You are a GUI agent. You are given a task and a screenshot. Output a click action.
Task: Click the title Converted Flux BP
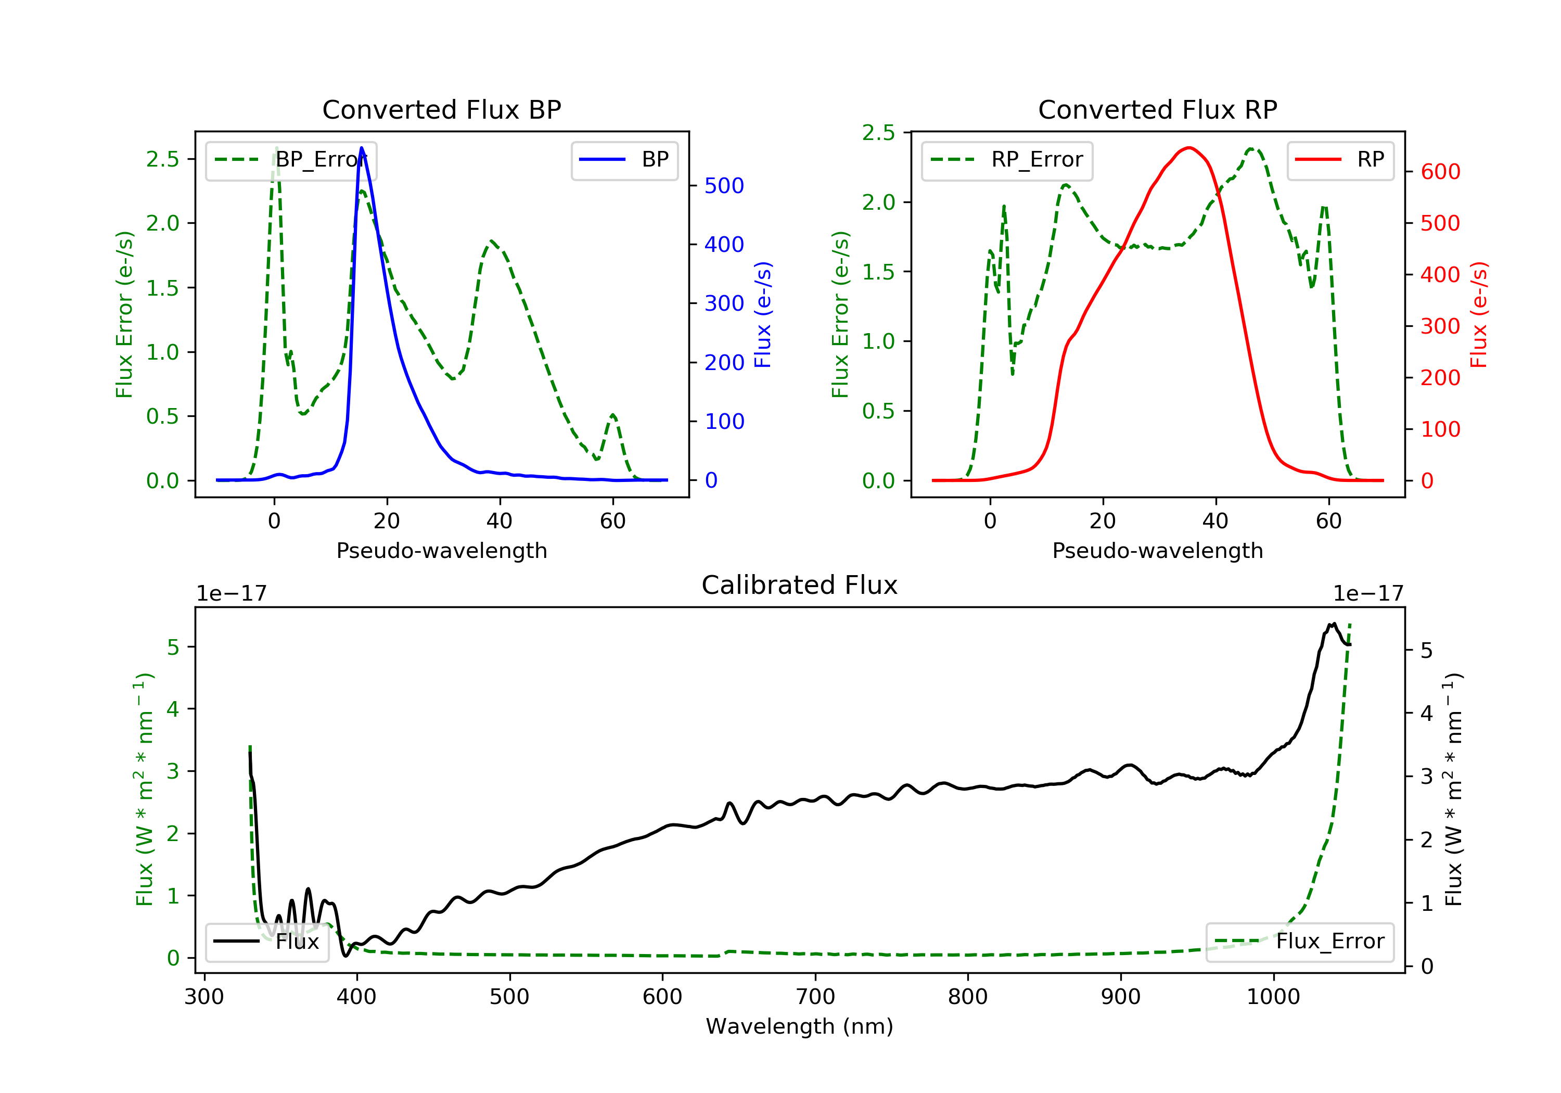pos(441,109)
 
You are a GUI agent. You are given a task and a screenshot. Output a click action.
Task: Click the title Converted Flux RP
pos(1157,109)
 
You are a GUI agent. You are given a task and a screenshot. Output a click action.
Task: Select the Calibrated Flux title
pos(800,585)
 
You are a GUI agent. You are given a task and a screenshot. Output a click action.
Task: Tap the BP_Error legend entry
pos(290,160)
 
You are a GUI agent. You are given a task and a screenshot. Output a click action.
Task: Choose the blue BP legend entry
pos(624,160)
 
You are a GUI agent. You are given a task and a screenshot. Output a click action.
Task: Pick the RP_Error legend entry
pos(1007,160)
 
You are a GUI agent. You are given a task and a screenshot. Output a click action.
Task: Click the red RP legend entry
pos(1340,160)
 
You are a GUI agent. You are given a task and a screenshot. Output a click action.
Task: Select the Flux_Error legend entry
pos(1299,942)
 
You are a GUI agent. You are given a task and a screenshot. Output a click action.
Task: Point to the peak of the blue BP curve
pos(361,148)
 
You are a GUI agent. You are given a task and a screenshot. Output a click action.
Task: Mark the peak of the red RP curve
pos(1188,148)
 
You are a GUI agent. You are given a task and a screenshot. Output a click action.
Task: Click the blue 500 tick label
pos(724,186)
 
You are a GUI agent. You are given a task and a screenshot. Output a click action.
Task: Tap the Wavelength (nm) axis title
pos(800,1026)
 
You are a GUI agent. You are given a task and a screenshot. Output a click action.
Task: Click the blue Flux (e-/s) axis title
pos(763,314)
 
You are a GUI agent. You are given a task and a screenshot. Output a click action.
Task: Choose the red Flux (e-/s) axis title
pos(1479,314)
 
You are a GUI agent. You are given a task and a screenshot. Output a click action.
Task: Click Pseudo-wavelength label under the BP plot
pos(442,550)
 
